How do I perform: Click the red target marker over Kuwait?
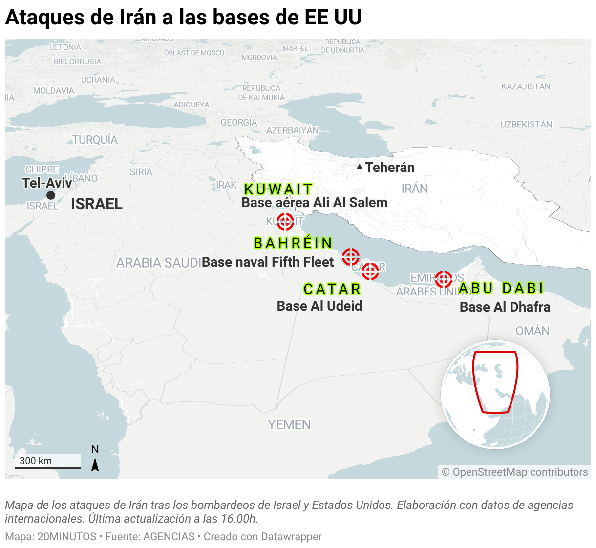point(285,221)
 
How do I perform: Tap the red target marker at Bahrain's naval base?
point(350,256)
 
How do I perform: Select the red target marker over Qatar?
point(370,271)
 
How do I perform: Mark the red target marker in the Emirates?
point(443,279)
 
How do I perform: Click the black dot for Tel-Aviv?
point(51,195)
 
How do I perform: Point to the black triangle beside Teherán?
point(360,167)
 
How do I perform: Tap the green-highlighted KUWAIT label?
point(278,189)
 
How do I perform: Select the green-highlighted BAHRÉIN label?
point(293,243)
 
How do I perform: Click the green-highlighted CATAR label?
point(332,289)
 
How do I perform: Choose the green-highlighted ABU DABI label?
point(501,288)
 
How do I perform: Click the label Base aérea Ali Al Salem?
point(314,203)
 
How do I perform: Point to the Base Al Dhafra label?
point(505,307)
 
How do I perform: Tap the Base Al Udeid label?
point(319,306)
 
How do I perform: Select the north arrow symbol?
point(95,460)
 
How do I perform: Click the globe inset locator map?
point(495,394)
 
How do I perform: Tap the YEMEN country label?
point(289,424)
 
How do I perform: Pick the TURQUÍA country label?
point(95,140)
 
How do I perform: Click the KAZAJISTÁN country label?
point(526,86)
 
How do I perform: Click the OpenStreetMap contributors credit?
point(515,472)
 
